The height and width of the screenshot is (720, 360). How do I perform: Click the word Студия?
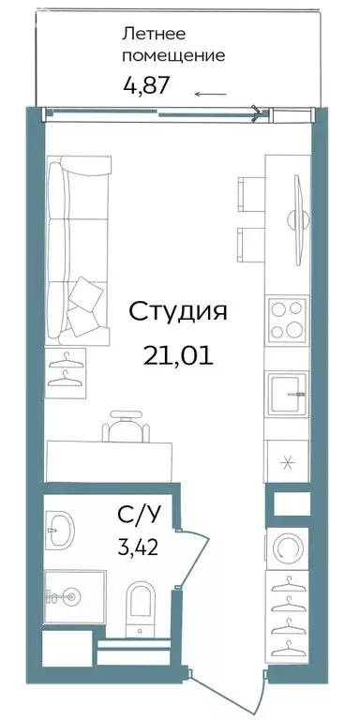(x=177, y=311)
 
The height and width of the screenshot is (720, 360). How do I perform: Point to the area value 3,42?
(x=136, y=546)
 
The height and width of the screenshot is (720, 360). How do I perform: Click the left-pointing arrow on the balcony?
(x=210, y=93)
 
